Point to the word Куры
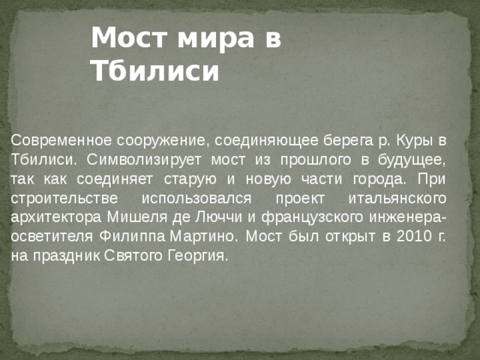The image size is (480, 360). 417,140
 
